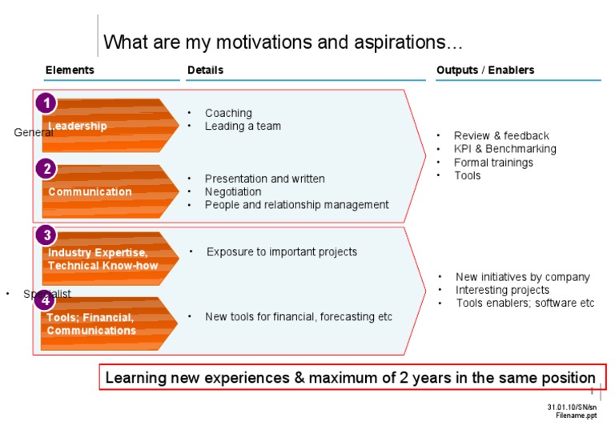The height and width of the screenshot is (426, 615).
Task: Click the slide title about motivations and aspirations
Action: [283, 42]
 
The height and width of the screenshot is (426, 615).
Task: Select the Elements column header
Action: [70, 70]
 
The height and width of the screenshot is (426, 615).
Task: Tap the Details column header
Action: [205, 70]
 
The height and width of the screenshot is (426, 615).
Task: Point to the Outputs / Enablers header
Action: [484, 70]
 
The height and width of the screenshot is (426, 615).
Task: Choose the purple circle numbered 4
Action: [45, 300]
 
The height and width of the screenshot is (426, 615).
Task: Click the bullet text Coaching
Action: [228, 113]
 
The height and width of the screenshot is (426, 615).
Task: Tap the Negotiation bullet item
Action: [233, 192]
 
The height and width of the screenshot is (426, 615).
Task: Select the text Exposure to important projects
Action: [282, 252]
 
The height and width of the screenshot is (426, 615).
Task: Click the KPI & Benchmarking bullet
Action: [504, 149]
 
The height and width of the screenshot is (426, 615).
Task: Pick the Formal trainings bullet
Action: [493, 163]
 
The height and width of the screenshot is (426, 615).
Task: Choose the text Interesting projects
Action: [502, 290]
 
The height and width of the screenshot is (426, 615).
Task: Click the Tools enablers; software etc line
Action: [525, 303]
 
